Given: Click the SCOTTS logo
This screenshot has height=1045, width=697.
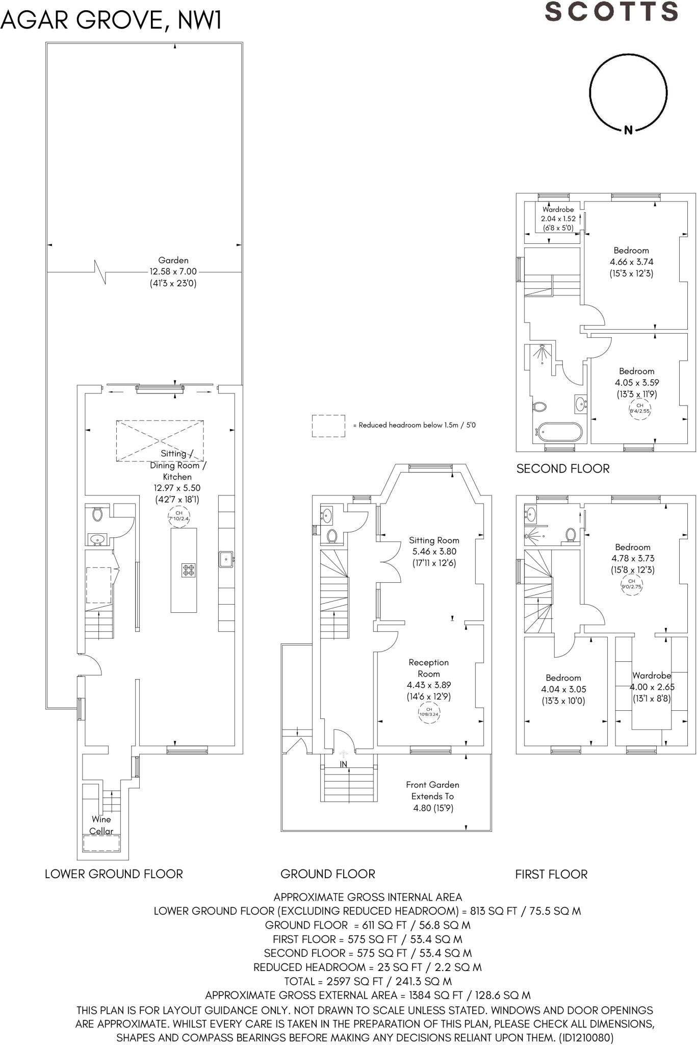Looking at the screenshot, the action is [x=611, y=11].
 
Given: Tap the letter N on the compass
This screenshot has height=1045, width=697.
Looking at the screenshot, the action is [x=628, y=130].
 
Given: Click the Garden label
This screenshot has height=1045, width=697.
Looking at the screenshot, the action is [x=173, y=260].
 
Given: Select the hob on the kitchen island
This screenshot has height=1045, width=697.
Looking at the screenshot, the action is [x=189, y=570].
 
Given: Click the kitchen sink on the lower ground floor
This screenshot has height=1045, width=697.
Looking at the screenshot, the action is [x=226, y=559].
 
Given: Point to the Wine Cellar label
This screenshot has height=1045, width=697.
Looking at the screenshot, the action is [x=101, y=825].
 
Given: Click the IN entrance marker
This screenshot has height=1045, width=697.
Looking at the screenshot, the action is [x=344, y=764].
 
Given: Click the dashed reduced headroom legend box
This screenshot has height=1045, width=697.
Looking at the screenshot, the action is [x=328, y=426].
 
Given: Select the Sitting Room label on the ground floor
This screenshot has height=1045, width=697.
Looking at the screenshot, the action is [x=434, y=540].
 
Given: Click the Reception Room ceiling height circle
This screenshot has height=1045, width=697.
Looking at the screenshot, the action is [x=429, y=712].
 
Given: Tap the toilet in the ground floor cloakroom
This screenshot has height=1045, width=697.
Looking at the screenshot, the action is [x=332, y=536].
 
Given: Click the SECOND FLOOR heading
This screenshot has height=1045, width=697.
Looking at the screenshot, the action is [x=563, y=469].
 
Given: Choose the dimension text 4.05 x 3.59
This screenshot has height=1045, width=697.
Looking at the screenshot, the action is [x=637, y=383].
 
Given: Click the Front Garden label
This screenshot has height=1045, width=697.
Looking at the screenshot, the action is [x=433, y=785].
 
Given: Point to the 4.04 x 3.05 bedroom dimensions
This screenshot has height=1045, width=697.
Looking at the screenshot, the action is [x=563, y=689].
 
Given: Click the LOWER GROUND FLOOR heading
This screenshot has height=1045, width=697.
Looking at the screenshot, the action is [x=114, y=874].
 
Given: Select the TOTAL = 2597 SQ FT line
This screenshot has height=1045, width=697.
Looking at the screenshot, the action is [x=368, y=981].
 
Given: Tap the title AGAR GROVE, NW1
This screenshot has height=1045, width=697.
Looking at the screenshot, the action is [x=111, y=21].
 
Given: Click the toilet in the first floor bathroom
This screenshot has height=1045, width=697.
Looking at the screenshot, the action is [x=571, y=534].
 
